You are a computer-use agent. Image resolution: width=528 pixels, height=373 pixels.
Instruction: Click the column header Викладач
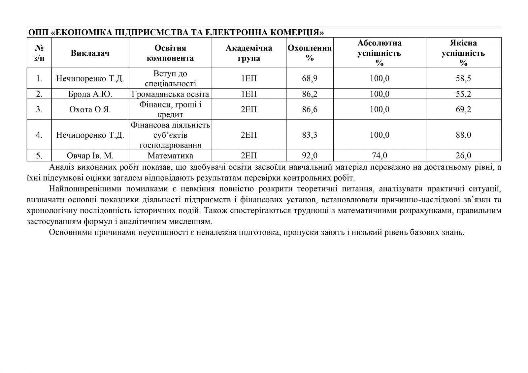click(90, 53)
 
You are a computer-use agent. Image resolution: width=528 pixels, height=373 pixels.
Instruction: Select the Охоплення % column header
click(310, 53)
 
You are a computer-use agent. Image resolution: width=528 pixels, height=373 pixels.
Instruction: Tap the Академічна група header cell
click(249, 53)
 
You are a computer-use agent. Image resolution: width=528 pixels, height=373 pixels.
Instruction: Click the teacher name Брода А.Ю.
click(90, 94)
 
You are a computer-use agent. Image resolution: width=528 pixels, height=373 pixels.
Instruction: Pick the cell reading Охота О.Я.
click(90, 109)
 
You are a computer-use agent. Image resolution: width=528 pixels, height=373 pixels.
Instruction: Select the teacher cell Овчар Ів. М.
click(90, 156)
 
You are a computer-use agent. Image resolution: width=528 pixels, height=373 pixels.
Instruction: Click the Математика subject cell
click(170, 156)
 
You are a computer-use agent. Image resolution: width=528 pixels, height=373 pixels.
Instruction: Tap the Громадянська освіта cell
click(170, 94)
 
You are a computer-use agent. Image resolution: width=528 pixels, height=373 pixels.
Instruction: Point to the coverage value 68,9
click(310, 78)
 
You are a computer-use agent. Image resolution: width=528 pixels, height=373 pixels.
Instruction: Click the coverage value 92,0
click(310, 156)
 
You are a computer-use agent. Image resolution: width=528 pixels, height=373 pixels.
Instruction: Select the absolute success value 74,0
click(379, 156)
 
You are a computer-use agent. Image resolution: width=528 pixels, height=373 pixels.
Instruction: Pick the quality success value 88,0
click(463, 135)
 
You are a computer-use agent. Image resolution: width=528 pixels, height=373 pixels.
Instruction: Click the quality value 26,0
click(463, 156)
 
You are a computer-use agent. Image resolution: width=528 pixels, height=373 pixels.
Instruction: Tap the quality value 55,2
click(463, 94)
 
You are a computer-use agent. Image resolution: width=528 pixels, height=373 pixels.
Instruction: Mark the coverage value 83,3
click(310, 135)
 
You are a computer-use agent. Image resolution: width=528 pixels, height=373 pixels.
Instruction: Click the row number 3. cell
click(39, 109)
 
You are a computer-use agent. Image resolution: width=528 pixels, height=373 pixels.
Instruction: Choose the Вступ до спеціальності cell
click(170, 78)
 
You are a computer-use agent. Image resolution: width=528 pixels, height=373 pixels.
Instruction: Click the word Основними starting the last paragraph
click(69, 232)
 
